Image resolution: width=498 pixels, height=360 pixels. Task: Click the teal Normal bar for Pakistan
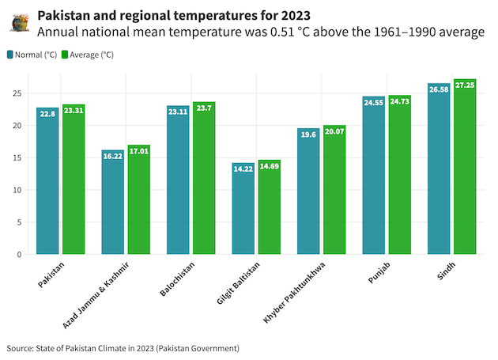point(47,180)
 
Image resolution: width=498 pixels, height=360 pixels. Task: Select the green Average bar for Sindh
point(465,166)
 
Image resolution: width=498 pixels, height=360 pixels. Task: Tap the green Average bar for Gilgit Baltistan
point(270,207)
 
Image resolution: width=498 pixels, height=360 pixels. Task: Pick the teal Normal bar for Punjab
point(373,175)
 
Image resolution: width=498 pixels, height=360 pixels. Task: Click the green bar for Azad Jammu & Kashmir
point(139,199)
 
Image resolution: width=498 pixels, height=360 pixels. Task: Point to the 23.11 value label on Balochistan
point(178,112)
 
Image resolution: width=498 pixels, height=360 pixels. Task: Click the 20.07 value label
point(334,131)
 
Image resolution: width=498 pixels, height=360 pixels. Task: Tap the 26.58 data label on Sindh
point(439,89)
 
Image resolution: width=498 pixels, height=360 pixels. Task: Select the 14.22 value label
point(243,169)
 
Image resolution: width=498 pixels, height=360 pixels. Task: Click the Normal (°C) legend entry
point(32,55)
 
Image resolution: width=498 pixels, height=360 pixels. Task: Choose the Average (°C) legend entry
point(87,55)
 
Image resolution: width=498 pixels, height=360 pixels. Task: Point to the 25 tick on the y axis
point(17,93)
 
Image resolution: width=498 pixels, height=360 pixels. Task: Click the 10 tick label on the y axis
point(17,190)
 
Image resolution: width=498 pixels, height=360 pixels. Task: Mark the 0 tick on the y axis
point(20,255)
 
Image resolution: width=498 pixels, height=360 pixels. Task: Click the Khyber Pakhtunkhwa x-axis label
point(294,293)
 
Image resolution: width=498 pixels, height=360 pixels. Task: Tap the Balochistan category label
point(177,279)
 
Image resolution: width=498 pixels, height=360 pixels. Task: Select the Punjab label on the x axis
point(379,273)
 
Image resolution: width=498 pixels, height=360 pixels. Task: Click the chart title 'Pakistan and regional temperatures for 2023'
point(174,15)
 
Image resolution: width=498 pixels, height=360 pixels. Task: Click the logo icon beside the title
point(21,23)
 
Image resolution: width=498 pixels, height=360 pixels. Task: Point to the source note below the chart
point(123,348)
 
